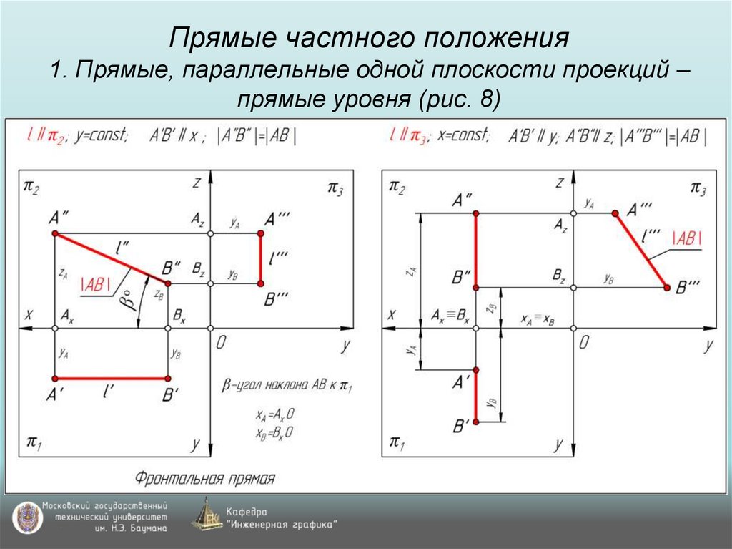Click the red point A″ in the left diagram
coord(54,234)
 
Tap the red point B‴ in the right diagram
coord(667,287)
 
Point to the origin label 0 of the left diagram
coord(221,343)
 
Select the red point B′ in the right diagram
coord(476,422)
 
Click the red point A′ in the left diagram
coord(54,379)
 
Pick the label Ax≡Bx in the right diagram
coord(450,316)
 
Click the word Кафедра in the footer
coord(247,511)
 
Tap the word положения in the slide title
coord(498,37)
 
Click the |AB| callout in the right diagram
coord(686,240)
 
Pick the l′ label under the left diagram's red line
coord(109,391)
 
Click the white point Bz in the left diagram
coord(210,283)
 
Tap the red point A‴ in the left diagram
coord(261,233)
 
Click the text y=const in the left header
coord(100,135)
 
